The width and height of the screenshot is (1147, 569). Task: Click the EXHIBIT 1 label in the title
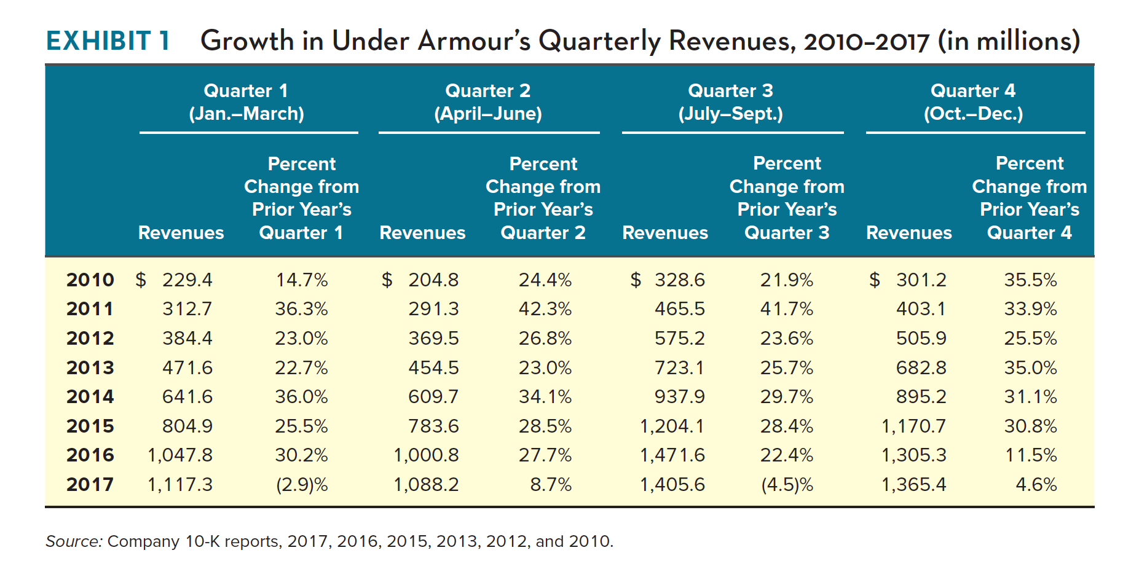(x=108, y=41)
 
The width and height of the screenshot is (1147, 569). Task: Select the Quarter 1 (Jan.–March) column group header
(x=246, y=102)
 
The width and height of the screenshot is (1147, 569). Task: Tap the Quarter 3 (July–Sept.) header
(x=730, y=102)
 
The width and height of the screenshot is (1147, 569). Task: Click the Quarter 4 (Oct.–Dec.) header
(x=973, y=102)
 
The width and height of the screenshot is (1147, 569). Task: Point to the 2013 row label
(x=90, y=367)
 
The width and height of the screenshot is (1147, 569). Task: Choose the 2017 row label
(x=90, y=484)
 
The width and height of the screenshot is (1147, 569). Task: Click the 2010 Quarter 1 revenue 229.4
(x=187, y=280)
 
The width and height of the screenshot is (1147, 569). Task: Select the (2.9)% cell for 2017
(x=301, y=484)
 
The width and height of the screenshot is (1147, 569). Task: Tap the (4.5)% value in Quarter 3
(x=787, y=484)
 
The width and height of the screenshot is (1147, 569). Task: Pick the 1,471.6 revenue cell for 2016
(x=672, y=455)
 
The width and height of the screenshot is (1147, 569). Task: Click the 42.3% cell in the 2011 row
(x=545, y=308)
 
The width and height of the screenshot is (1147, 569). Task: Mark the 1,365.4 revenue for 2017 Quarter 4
(x=914, y=484)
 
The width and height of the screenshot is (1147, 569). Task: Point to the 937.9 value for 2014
(x=679, y=396)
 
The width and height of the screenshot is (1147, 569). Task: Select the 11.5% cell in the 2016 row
(x=1031, y=455)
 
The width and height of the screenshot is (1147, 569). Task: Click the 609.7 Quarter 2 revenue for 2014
(x=433, y=396)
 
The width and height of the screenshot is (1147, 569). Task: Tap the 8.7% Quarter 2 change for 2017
(x=551, y=484)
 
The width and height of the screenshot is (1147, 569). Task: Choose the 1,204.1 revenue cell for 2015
(x=672, y=426)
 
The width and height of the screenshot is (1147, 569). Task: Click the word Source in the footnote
(x=73, y=541)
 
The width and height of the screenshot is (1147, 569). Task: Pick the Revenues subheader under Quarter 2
(x=422, y=233)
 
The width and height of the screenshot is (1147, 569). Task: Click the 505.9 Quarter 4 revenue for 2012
(x=921, y=338)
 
